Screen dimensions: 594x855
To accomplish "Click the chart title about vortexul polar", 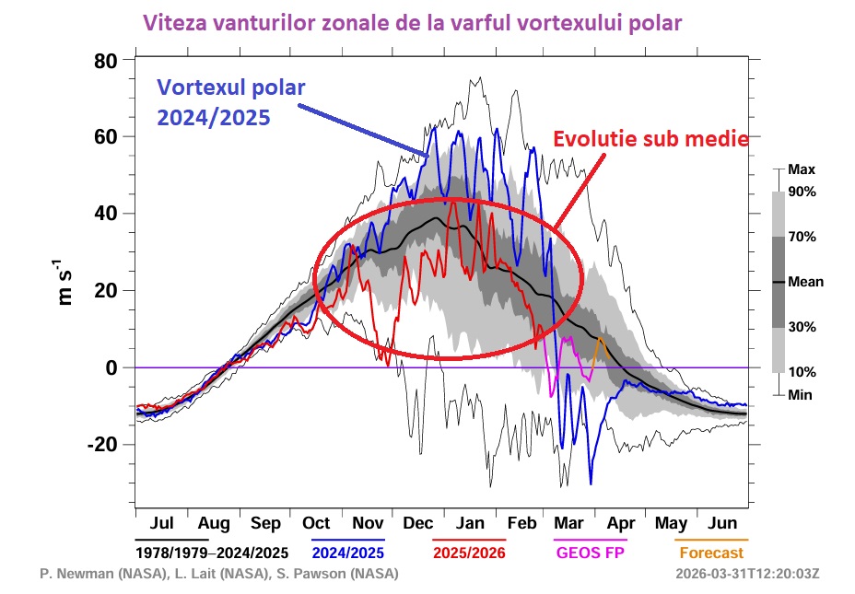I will [x=414, y=23].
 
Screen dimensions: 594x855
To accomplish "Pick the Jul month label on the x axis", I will [x=161, y=524].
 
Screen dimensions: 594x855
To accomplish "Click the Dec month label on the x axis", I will [x=418, y=524].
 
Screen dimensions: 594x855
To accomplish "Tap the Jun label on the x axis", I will [x=723, y=524].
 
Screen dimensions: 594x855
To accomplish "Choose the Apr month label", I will [x=621, y=524].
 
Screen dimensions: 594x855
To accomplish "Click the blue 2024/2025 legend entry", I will [x=347, y=553].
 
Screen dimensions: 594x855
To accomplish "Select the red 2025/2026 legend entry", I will [x=469, y=553].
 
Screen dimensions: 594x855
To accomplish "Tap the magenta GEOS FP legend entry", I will [x=590, y=553].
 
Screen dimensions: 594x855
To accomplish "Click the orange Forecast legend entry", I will [x=711, y=553].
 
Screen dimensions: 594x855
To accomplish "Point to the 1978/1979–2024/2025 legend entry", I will [x=212, y=553].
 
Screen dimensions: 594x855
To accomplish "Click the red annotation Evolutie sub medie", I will [x=650, y=139].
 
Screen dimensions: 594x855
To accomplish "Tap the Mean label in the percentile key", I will [x=806, y=283].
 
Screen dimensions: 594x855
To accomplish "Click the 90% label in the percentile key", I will [x=803, y=192].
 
